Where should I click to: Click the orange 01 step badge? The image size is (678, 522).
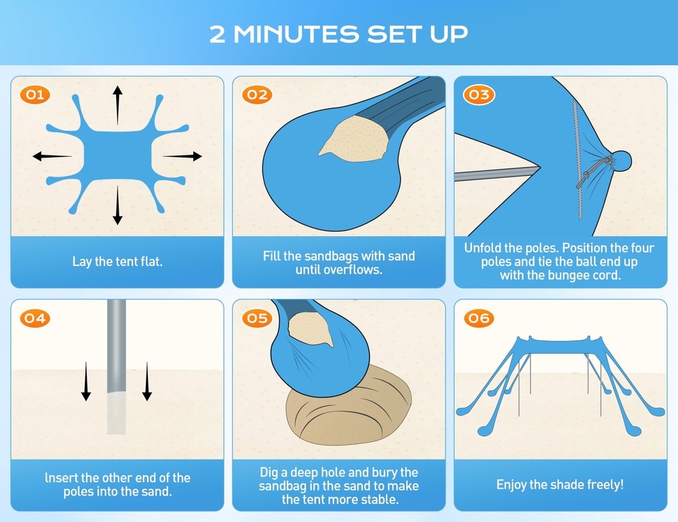pyautogui.click(x=35, y=95)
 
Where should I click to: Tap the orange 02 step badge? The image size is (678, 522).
pyautogui.click(x=257, y=95)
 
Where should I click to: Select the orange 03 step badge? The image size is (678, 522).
pyautogui.click(x=479, y=95)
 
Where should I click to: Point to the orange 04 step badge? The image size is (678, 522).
pyautogui.click(x=35, y=318)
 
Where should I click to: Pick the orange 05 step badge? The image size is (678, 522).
pyautogui.click(x=257, y=318)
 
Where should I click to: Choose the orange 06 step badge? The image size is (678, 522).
pyautogui.click(x=479, y=318)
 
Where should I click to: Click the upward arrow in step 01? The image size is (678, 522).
pyautogui.click(x=117, y=105)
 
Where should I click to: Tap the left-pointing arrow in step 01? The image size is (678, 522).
pyautogui.click(x=52, y=156)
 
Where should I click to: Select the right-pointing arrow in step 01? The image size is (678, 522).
pyautogui.click(x=182, y=156)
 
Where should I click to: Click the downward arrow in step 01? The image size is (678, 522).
pyautogui.click(x=117, y=206)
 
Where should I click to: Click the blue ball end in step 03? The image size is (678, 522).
pyautogui.click(x=621, y=161)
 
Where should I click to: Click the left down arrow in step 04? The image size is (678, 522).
pyautogui.click(x=86, y=381)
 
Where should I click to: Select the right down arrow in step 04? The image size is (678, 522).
pyautogui.click(x=147, y=381)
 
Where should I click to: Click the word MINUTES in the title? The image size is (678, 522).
pyautogui.click(x=296, y=34)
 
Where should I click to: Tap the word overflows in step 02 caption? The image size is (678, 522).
pyautogui.click(x=339, y=270)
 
